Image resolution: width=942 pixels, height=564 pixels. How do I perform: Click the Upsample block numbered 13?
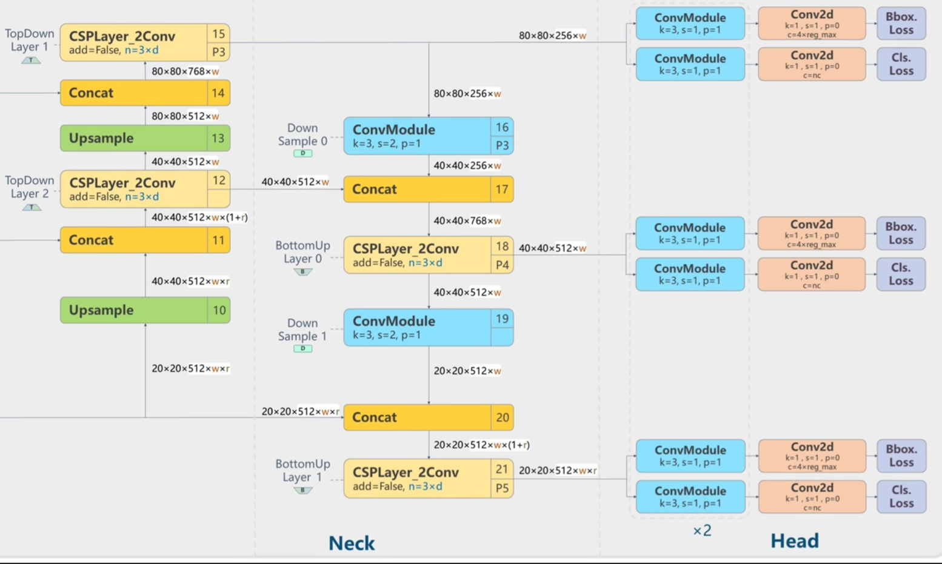pos(145,138)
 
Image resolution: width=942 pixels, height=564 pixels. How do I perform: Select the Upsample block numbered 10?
pos(145,310)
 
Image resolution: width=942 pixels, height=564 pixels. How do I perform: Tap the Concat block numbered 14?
pos(145,93)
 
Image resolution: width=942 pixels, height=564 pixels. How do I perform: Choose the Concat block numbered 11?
pos(145,240)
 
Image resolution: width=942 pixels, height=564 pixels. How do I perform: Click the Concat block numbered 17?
pos(428,189)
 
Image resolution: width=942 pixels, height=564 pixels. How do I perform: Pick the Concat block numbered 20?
pos(428,417)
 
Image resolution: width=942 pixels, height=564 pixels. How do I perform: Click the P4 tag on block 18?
pos(502,265)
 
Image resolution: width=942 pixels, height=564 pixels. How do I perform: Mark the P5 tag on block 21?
pos(502,488)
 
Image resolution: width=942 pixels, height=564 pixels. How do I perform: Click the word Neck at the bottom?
pos(352,543)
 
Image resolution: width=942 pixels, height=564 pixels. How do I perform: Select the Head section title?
pos(794,540)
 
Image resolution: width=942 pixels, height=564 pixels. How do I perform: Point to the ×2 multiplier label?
pos(702,531)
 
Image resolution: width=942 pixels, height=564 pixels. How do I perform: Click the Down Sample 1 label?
pos(302,330)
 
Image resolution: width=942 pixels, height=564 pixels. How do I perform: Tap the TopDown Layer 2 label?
pos(29,187)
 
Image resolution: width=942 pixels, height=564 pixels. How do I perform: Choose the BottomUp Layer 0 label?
pos(302,252)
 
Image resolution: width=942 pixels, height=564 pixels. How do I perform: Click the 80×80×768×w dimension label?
pos(185,71)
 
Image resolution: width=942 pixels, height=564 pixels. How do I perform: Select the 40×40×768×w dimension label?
pos(467,221)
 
